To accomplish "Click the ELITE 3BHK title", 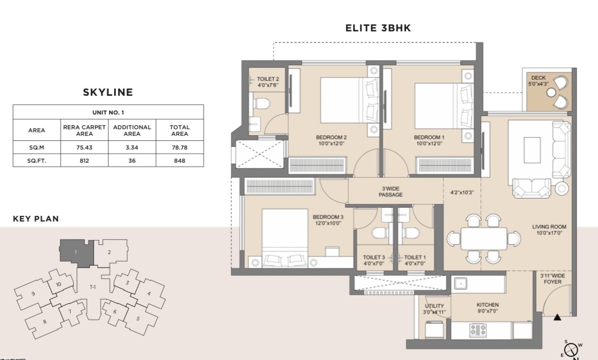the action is pyautogui.click(x=378, y=28).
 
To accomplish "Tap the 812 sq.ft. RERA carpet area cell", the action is pyautogui.click(x=84, y=161).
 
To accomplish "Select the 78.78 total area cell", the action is pyautogui.click(x=180, y=147).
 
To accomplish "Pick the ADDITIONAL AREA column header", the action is pyautogui.click(x=132, y=130).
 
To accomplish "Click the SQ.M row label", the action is pyautogui.click(x=37, y=147).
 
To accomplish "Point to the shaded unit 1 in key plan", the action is pyautogui.click(x=76, y=253).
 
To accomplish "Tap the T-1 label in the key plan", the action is pyautogui.click(x=93, y=287).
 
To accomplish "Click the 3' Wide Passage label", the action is pyautogui.click(x=391, y=192).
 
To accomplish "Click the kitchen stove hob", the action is pyautogui.click(x=478, y=330).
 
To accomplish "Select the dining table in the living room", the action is pyautogui.click(x=484, y=239).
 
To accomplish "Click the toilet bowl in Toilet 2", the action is pyautogui.click(x=262, y=103).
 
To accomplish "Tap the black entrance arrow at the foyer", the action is pyautogui.click(x=557, y=317).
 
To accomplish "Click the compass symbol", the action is pyautogui.click(x=571, y=349).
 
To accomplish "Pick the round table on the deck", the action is pyautogui.click(x=551, y=92).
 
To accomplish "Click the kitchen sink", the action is pyautogui.click(x=461, y=283).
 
